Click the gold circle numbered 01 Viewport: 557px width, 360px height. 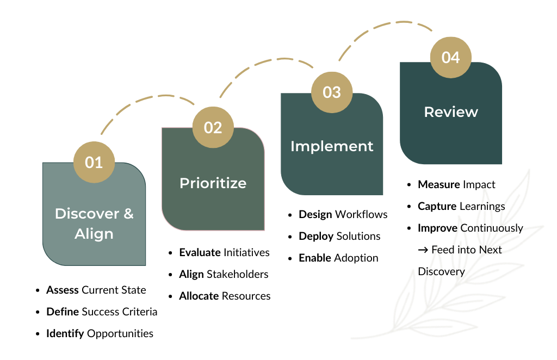tap(94, 162)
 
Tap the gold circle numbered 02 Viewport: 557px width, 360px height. tap(213, 127)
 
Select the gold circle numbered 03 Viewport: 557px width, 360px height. tap(332, 92)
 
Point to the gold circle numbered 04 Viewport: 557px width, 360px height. tap(450, 57)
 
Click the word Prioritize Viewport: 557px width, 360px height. tap(213, 183)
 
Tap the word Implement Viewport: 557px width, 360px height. tap(332, 146)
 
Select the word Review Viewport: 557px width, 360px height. tap(451, 112)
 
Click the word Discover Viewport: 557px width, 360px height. tap(86, 213)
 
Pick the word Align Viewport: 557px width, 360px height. tap(94, 234)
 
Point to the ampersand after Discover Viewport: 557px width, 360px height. tap(128, 213)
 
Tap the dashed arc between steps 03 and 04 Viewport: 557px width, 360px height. tap(386, 26)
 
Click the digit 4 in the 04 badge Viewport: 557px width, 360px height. tap(456, 57)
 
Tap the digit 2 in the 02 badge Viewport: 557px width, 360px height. tap(218, 127)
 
